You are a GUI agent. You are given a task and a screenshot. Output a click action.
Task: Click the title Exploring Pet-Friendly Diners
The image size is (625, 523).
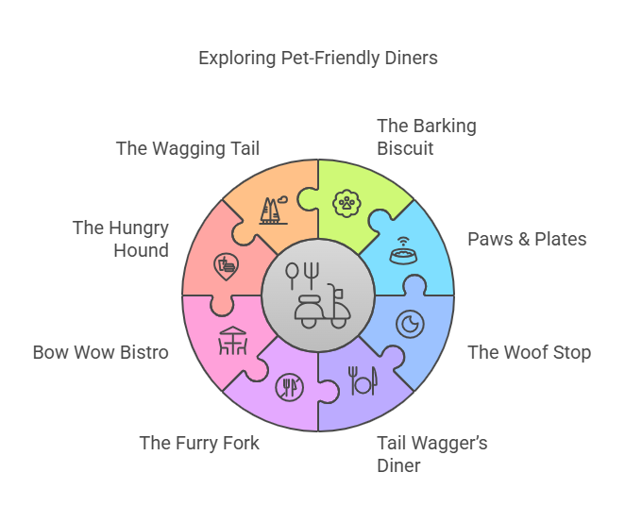click(317, 59)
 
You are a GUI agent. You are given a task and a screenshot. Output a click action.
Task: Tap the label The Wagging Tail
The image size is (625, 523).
click(187, 148)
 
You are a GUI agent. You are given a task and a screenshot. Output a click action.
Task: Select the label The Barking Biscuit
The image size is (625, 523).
click(426, 137)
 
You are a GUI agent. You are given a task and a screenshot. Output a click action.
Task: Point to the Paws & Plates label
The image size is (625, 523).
click(527, 239)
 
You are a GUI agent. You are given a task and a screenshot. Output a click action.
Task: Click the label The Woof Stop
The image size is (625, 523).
click(529, 353)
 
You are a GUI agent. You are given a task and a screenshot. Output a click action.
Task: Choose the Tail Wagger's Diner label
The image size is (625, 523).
click(431, 454)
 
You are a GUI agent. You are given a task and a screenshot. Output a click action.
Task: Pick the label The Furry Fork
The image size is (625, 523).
click(199, 443)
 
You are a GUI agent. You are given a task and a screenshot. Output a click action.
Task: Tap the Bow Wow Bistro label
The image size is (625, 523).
click(100, 353)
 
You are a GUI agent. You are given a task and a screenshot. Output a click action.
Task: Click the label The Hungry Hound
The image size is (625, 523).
click(120, 239)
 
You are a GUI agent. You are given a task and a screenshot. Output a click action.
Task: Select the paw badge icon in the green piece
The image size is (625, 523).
click(346, 202)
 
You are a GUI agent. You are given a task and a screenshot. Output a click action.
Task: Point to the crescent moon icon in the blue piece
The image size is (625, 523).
click(410, 324)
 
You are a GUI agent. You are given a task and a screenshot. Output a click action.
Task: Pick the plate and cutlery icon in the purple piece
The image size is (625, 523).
click(362, 380)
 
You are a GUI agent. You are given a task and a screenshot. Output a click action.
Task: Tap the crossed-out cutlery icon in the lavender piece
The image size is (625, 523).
click(289, 387)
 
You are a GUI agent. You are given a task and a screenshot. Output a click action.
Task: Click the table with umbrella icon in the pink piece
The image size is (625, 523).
click(233, 340)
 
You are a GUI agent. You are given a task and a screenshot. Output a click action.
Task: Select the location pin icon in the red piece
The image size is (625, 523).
click(226, 265)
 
